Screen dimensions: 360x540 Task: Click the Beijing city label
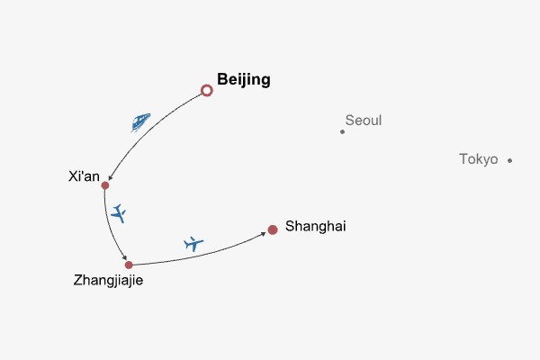pos(243,80)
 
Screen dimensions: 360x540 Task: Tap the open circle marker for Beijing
pos(207,90)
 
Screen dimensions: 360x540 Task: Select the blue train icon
pos(140,121)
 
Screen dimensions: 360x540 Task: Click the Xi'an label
pos(84,176)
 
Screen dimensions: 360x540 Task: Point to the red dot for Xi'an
pos(105,185)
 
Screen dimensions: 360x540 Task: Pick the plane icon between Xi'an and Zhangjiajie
pos(119,214)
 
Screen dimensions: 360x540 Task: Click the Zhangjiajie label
pos(108,281)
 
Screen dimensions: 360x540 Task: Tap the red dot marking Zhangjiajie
pos(129,265)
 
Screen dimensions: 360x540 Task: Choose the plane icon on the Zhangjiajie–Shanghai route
pos(193,243)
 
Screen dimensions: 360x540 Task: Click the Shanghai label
pos(315,226)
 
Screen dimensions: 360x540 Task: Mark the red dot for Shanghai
pos(273,230)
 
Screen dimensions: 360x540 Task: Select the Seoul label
pos(364,120)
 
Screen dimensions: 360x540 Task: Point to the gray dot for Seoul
pos(342,131)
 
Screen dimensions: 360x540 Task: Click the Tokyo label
pos(478,159)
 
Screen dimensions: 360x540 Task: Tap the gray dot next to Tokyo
pos(509,160)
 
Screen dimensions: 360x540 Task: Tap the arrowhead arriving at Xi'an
pos(110,178)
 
